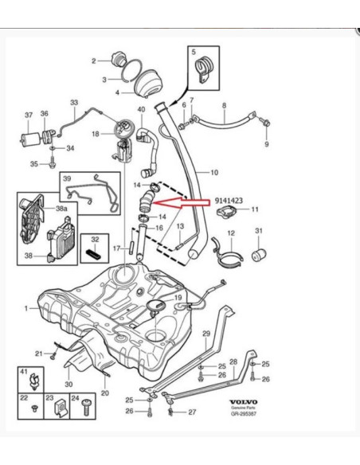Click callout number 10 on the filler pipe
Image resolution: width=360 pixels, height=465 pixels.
click(x=213, y=171)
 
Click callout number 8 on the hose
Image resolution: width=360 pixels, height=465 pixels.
click(x=224, y=105)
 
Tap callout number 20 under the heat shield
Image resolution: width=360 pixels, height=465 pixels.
click(x=103, y=393)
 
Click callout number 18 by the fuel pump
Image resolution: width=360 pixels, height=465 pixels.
click(x=96, y=135)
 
